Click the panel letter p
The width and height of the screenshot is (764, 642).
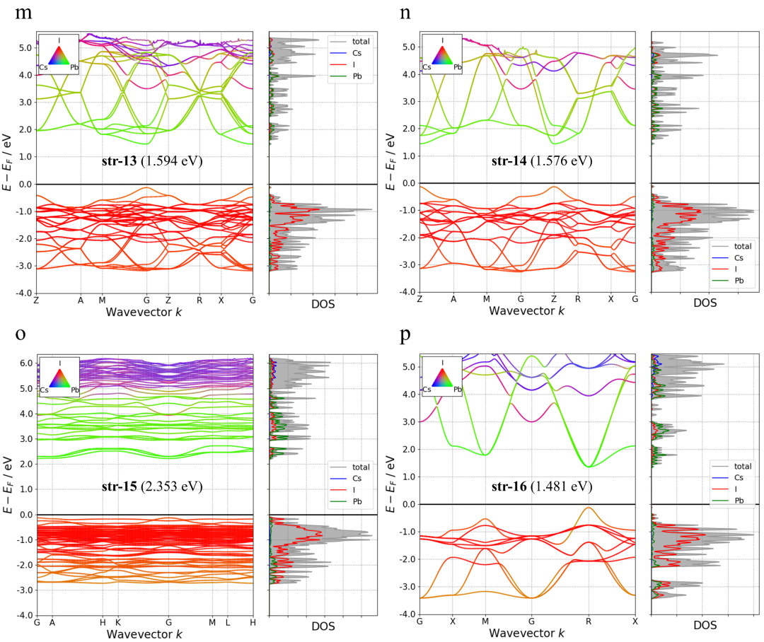(405, 336)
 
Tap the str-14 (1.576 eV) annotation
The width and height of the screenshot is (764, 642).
(542, 161)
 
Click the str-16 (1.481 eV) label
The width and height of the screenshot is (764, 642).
(542, 487)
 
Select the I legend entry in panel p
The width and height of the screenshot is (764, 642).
(739, 489)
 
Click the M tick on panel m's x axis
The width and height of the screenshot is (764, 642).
(102, 300)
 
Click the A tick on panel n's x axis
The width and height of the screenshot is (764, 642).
(453, 299)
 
